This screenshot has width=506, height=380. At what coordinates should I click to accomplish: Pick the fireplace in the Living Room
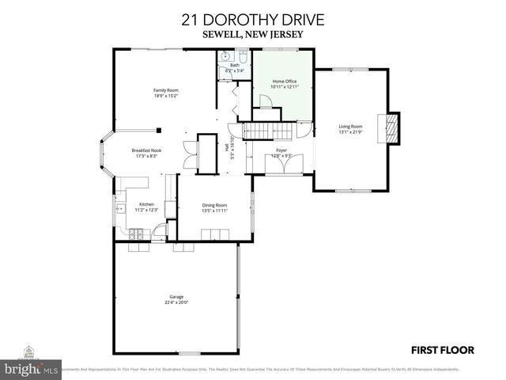pos(391,127)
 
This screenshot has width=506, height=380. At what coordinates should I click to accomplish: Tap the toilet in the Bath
pos(242,58)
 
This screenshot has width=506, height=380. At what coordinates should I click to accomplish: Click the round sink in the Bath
pos(225,57)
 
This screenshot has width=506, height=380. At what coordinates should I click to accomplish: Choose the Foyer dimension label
pos(281,156)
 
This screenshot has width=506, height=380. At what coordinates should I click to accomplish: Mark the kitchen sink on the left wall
pos(120,209)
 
